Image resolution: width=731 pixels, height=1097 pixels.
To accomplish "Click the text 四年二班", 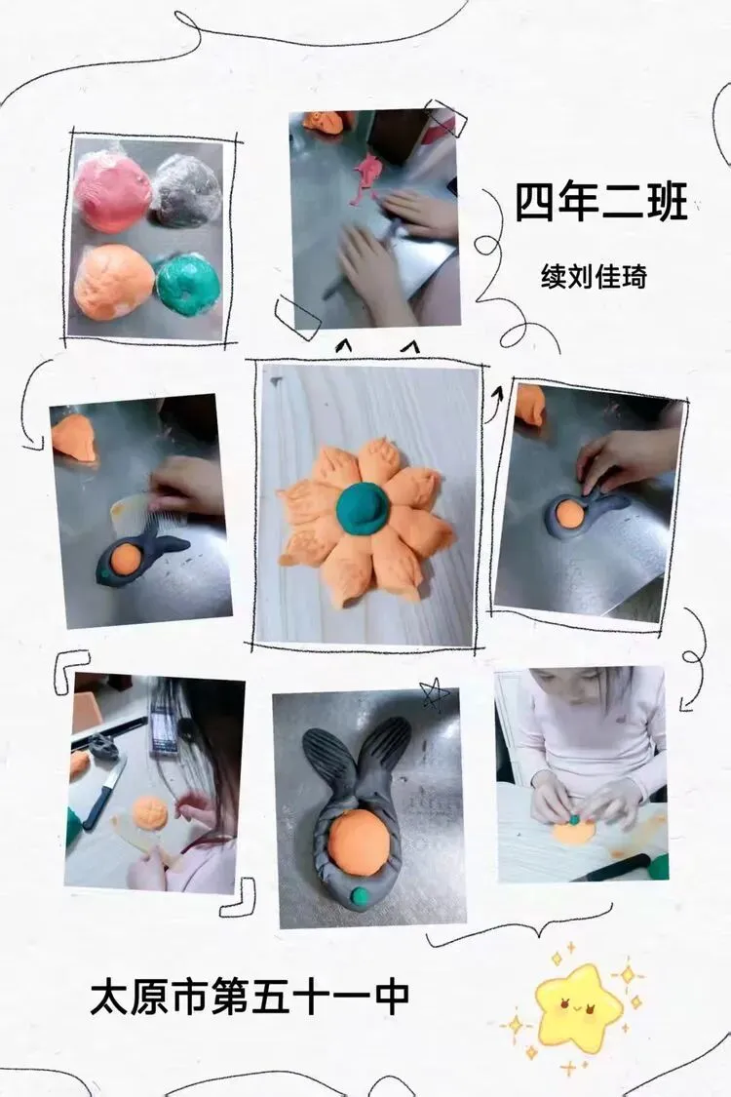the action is pos(601,202).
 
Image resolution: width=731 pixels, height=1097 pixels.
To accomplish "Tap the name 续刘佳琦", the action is pos(594,276).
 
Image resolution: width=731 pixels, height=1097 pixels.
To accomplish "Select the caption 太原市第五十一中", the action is pos(250,997).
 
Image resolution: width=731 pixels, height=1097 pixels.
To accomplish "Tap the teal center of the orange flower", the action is pos(364,506).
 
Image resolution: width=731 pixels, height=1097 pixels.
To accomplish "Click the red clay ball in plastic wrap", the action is pos(112,192).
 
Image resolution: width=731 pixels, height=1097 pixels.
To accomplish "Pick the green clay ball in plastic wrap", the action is pos(187,285).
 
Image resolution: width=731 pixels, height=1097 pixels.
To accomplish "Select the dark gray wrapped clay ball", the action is pos(187,189).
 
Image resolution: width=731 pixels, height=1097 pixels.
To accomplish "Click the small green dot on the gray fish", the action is pos(360,894).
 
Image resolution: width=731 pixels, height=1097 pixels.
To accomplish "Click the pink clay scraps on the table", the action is pos(366,178).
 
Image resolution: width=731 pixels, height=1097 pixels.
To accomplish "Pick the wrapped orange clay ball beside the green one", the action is pos(113,283).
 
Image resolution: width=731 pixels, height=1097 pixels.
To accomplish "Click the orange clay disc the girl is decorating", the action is pos(574,831).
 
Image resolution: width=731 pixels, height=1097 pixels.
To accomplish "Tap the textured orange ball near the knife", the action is pos(150,813).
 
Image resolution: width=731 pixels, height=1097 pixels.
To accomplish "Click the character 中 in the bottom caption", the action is pos(391,997).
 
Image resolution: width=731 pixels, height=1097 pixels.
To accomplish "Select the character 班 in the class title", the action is pos(667,202).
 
